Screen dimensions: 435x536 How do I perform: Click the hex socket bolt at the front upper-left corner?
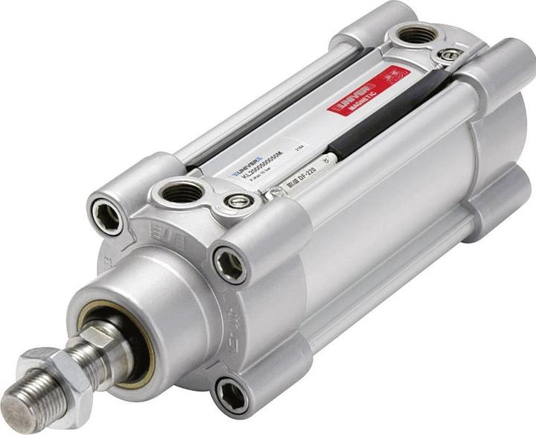(x=106, y=217)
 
